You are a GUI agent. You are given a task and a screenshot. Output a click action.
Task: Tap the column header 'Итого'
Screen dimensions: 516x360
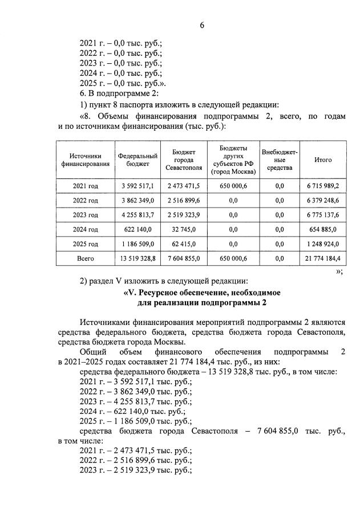point(323,160)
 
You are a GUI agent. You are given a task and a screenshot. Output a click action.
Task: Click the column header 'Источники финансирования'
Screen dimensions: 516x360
point(85,160)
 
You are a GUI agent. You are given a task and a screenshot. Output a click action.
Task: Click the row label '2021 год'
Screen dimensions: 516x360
point(85,186)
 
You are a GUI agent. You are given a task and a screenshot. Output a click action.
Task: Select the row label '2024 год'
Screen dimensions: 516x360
point(85,229)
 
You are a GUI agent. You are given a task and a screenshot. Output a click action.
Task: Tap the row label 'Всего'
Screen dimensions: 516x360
point(85,258)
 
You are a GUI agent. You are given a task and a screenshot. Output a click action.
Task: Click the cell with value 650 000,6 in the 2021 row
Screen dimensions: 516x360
point(233,186)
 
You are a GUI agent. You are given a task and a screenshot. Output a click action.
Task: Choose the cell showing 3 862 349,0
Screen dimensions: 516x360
point(137,201)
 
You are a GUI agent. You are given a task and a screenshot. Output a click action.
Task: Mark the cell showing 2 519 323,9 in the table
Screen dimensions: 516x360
point(184,215)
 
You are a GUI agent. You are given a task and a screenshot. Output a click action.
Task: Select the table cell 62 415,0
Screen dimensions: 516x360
point(184,244)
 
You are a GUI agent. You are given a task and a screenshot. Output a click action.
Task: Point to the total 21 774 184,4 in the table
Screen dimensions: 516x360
point(323,258)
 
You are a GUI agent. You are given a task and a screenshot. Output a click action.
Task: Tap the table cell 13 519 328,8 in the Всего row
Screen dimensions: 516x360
point(137,258)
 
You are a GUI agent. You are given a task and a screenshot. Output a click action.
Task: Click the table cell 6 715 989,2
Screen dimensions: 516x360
point(323,186)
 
